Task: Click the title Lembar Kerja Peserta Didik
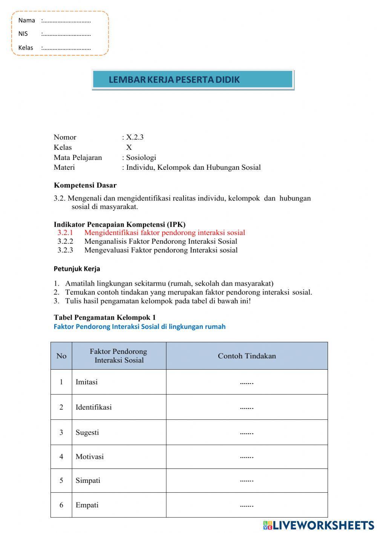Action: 174,80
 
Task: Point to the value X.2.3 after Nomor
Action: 135,137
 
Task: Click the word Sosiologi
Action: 141,158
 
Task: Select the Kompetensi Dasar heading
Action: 85,185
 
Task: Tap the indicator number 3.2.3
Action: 65,250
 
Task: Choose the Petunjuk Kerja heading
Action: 77,269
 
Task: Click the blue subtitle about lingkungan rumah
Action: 139,327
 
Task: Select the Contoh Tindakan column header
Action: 247,356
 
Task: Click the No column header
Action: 61,356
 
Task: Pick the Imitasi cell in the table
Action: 87,382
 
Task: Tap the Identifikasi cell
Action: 93,407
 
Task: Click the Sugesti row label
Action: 87,432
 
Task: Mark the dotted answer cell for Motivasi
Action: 247,457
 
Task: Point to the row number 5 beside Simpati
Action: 61,481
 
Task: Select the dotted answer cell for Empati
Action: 247,505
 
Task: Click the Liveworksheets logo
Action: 319,525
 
